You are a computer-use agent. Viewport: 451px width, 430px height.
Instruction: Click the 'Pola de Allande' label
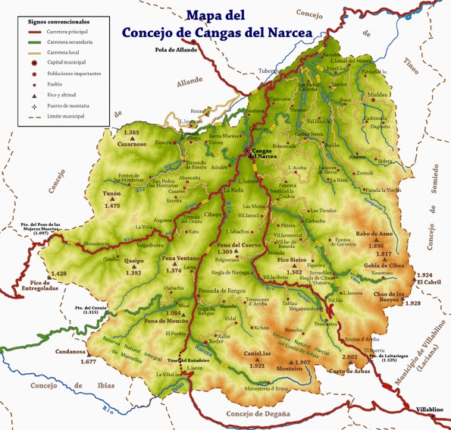pyautogui.click(x=176, y=50)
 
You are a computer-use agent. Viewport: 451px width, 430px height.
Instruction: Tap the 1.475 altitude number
pyautogui.click(x=113, y=206)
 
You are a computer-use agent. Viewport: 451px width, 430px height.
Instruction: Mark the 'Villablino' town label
pyautogui.click(x=429, y=410)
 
